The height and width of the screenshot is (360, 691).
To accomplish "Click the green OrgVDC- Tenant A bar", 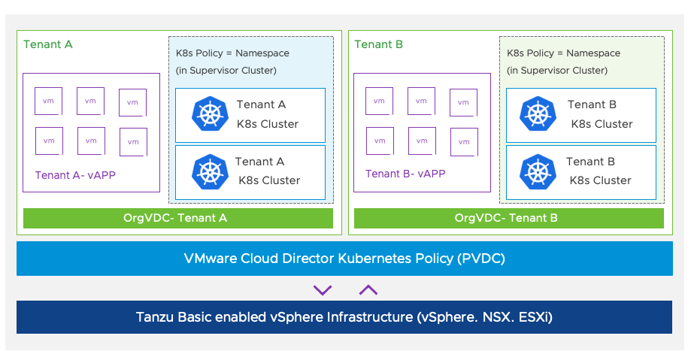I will coord(178,219).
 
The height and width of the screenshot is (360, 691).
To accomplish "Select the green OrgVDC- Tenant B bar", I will coord(509,219).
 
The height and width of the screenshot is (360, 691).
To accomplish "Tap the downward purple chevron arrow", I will coord(323,290).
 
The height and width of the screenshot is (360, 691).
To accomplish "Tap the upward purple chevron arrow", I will coord(368,290).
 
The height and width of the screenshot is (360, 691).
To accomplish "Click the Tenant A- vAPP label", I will coord(75,176).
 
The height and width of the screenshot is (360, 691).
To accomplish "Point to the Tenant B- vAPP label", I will coord(405,174).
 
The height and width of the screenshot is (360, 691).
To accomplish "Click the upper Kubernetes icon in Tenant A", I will coord(210,114).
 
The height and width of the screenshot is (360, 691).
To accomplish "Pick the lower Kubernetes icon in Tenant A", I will coord(210,171).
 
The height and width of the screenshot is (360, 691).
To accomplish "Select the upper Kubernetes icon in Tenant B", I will coord(538,114).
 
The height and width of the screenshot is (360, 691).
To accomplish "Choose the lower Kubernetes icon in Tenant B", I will coord(538,171).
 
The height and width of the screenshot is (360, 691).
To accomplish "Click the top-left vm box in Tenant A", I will coord(48,101).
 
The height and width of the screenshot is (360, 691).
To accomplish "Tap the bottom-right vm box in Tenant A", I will coord(133,141).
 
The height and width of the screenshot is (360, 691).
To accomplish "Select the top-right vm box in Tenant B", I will coord(464,102).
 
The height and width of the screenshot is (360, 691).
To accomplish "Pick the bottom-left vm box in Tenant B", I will coord(379,141).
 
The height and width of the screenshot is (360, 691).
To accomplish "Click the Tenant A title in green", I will coord(48,44).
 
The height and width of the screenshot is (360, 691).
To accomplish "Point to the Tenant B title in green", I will coord(379,44).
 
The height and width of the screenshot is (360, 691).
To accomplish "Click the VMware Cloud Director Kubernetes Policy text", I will coord(344,259).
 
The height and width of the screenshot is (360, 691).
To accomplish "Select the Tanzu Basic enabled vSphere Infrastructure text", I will coord(344,316).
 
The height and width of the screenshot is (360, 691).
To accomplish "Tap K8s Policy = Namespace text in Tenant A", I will coord(232,53).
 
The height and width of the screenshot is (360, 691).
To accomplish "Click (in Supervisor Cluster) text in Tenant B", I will coord(557,71).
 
